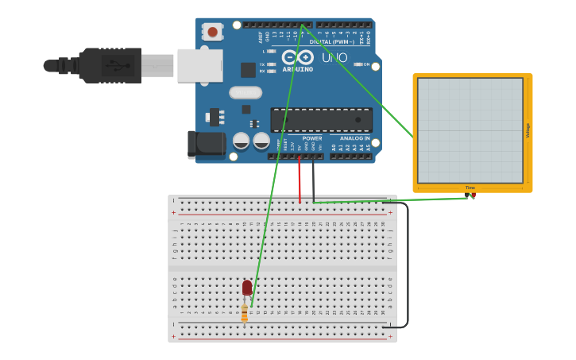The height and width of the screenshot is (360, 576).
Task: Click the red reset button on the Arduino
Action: pos(212,32)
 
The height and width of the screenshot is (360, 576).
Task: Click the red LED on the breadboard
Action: pos(247,287)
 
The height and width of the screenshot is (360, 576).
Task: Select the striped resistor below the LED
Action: pos(244,313)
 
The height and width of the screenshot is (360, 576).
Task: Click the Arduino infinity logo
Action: pos(298,57)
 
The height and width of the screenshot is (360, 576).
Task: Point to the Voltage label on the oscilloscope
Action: pos(528,130)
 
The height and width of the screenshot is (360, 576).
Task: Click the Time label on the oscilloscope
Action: pos(470,188)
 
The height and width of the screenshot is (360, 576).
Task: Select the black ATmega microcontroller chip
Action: pos(321,120)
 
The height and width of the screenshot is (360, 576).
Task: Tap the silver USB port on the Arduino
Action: pos(199,65)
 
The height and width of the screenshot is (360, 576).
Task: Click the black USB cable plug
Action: pos(111,65)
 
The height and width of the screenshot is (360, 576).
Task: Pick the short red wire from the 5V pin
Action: pos(300,179)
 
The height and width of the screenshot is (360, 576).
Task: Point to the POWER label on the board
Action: pos(312,138)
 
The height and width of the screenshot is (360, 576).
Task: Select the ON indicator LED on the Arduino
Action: pos(358,64)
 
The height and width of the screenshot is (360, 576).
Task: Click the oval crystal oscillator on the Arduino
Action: pos(245,92)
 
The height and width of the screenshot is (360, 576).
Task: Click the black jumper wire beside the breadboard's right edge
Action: pos(407,262)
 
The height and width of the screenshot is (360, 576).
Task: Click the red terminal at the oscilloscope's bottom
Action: pos(474,195)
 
